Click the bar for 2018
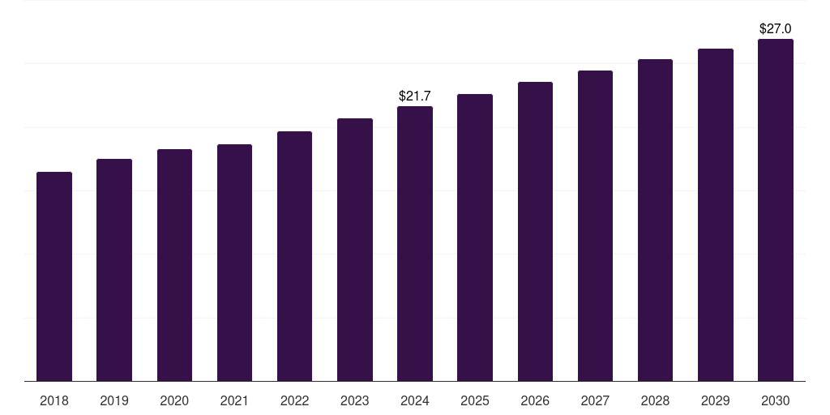point(54,276)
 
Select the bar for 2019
point(114,270)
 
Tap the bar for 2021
point(234,263)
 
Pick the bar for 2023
point(355,250)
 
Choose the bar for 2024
point(415,243)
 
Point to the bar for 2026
point(535,231)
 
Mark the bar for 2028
point(655,220)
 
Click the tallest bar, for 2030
point(776,210)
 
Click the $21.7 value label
point(415,96)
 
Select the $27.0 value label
point(776,28)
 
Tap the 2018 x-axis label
point(54,400)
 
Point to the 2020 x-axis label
point(174,400)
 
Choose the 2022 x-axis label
point(294,400)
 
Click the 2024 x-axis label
point(415,400)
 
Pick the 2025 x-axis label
point(475,400)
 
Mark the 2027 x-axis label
point(595,400)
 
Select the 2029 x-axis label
point(715,400)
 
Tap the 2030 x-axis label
point(776,400)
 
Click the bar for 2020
point(175,265)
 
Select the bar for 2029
point(716,215)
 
